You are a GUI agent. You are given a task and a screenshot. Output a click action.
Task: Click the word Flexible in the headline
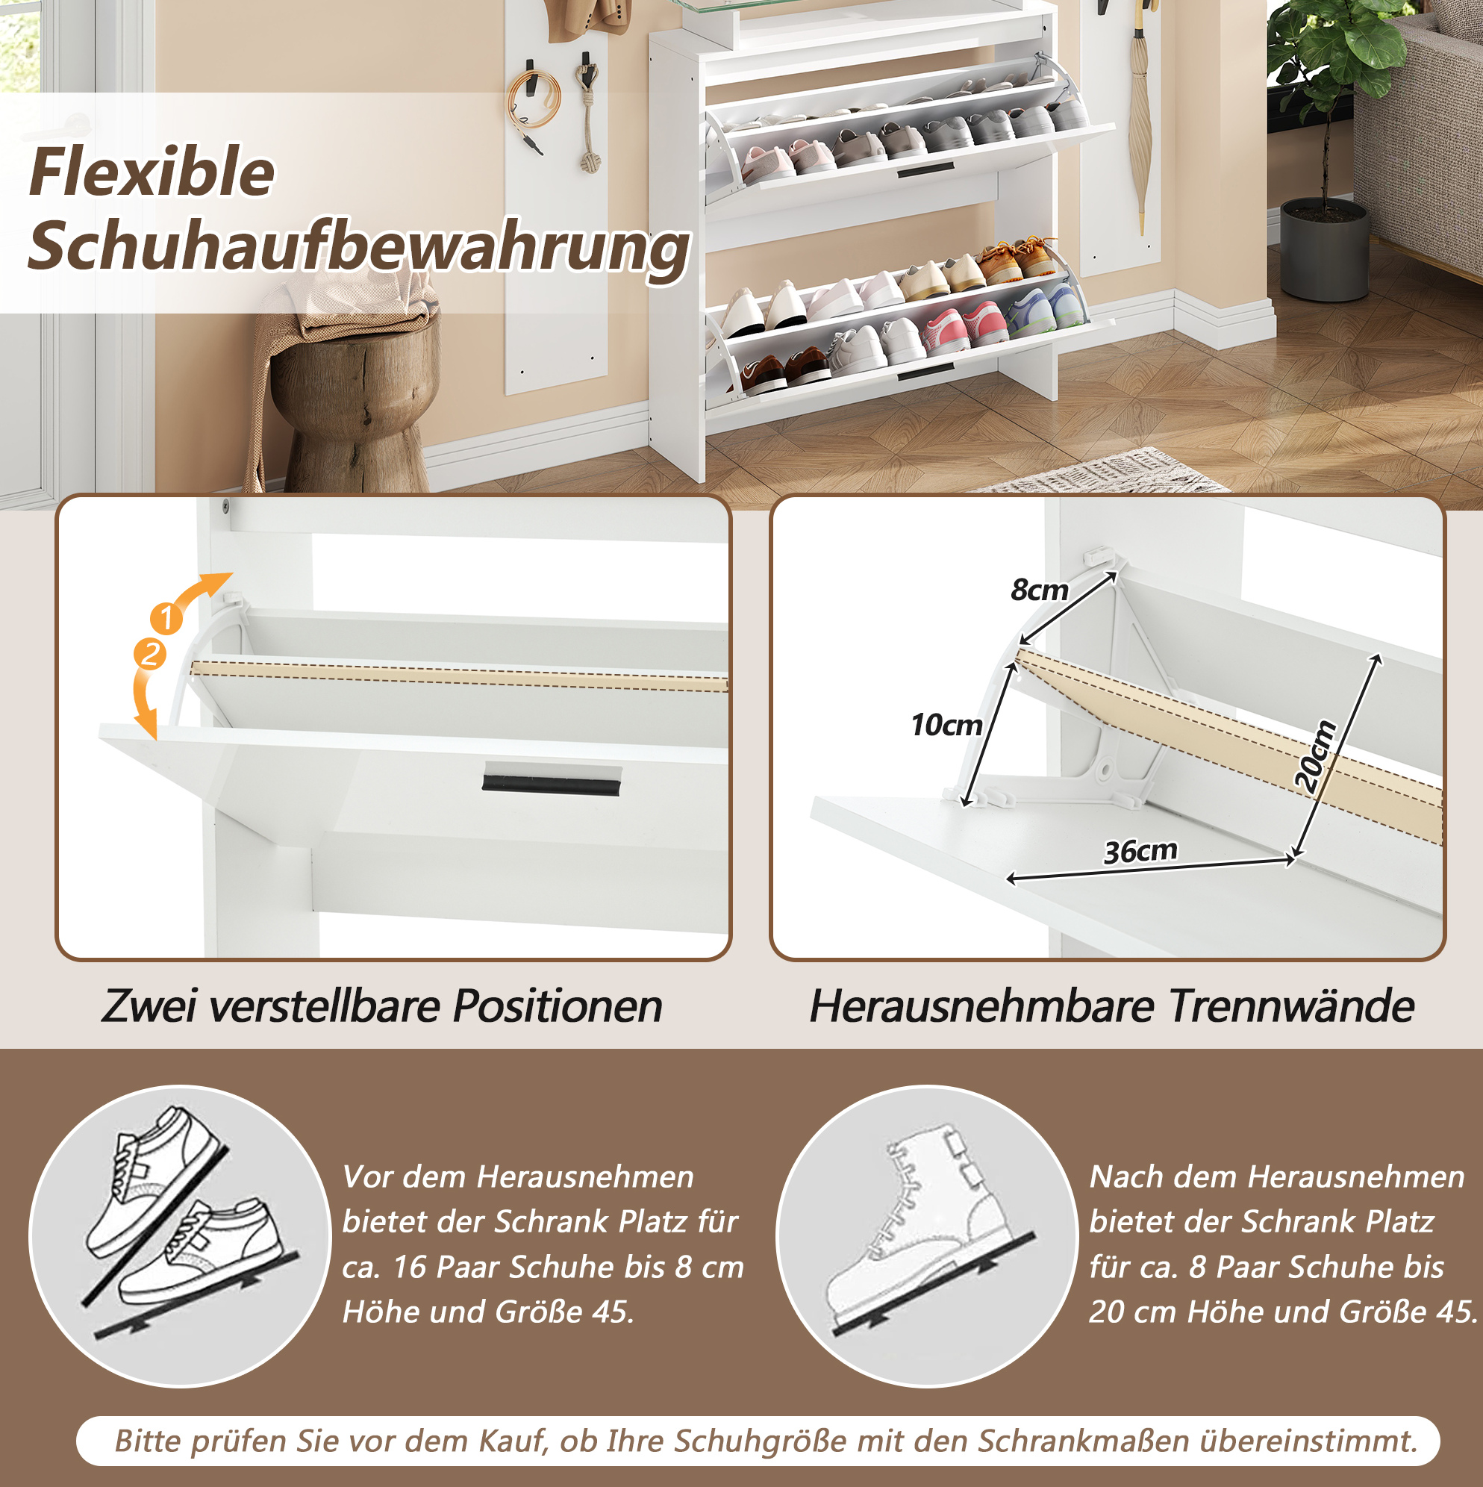click(152, 172)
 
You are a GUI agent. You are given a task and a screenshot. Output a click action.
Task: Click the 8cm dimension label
click(1040, 590)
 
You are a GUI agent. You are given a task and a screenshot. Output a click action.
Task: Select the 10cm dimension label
click(946, 725)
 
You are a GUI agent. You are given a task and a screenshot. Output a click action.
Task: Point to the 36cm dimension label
click(1140, 851)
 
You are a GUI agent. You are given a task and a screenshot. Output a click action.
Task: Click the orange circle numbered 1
click(166, 618)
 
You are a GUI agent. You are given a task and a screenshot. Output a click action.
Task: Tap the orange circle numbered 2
click(150, 654)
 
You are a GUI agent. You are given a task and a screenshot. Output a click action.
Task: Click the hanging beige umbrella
click(1140, 123)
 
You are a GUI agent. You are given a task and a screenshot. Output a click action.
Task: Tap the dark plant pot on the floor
click(1325, 250)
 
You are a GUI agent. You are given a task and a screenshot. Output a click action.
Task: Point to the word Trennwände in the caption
click(1291, 1006)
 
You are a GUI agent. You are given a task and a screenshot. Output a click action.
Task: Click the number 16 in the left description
click(410, 1267)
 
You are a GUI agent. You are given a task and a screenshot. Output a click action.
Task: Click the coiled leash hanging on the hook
click(530, 107)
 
